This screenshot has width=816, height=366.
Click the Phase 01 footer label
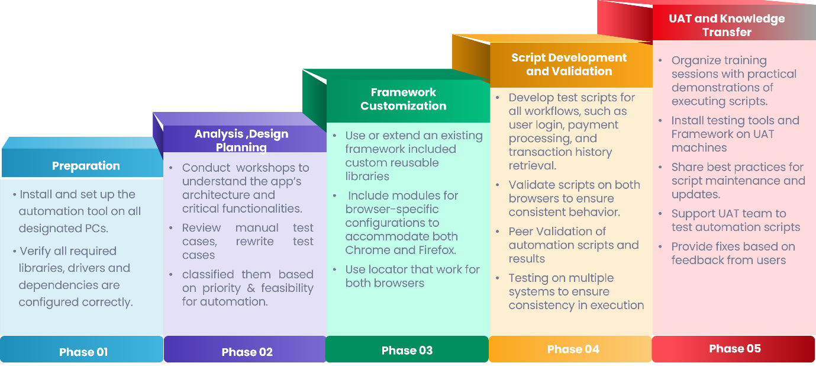(83, 352)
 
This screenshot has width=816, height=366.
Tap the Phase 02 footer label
(247, 352)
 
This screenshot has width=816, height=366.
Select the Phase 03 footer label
(407, 351)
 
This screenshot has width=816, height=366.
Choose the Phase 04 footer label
(573, 349)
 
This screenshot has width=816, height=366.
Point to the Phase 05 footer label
(735, 348)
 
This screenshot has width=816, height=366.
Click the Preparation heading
(86, 166)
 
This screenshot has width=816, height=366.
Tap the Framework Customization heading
(403, 99)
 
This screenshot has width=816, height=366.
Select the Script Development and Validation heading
(569, 64)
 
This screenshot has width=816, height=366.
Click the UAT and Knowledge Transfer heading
(727, 25)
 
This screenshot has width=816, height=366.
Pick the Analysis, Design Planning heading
(241, 140)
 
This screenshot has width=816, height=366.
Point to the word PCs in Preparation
(96, 229)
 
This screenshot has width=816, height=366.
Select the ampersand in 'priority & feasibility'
(251, 288)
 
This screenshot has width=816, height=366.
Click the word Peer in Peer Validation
(521, 232)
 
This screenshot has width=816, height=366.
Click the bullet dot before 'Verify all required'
(15, 252)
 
